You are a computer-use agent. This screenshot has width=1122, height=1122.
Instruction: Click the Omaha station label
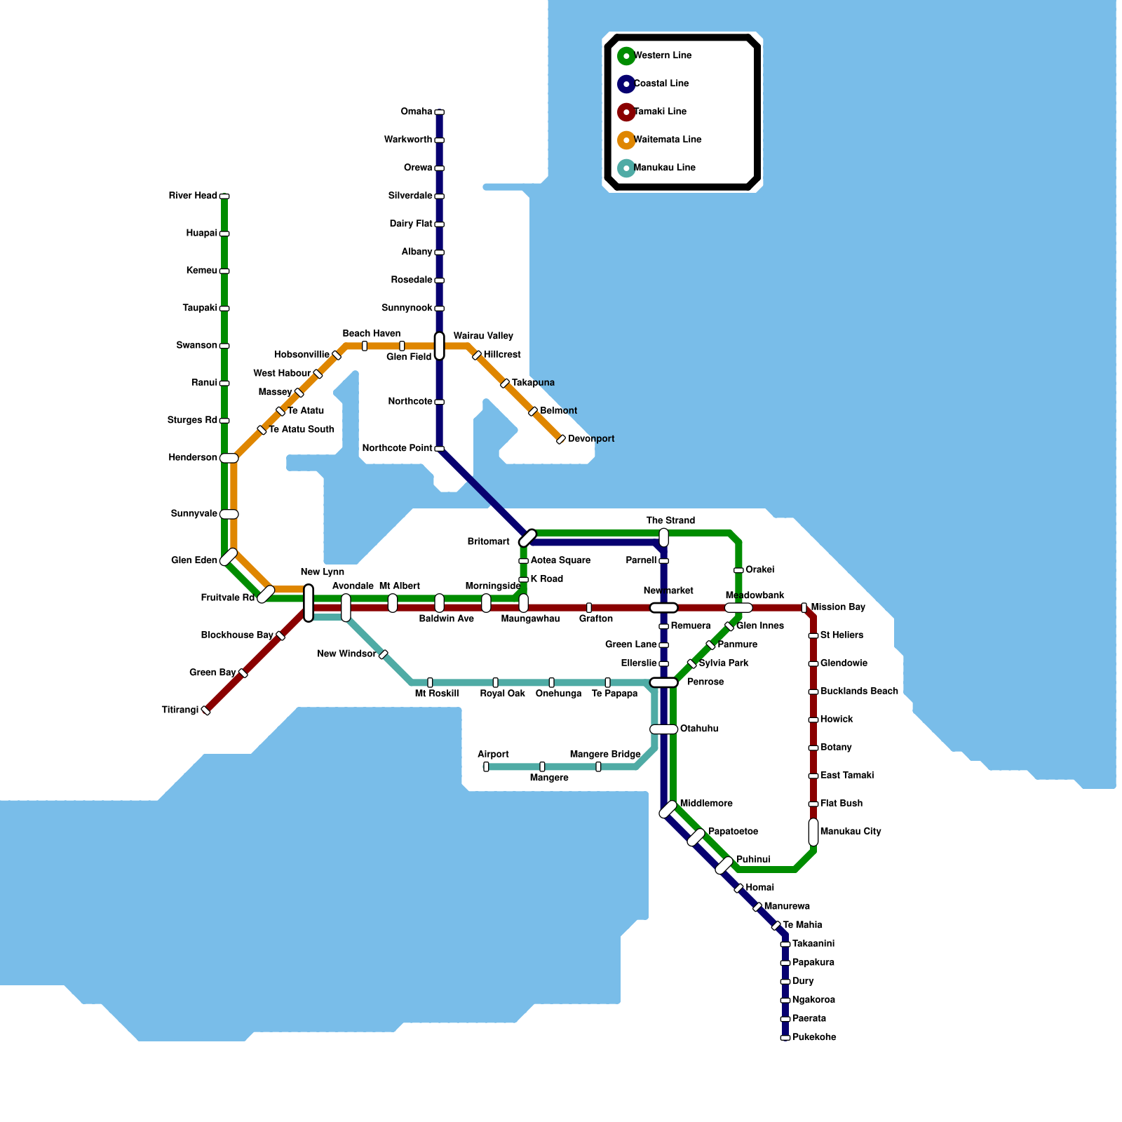click(x=417, y=112)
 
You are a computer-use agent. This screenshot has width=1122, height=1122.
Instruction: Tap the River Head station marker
click(x=224, y=196)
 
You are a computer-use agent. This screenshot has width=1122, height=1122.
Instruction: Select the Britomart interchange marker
click(x=527, y=538)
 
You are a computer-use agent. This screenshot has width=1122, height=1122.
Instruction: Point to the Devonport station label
click(x=591, y=439)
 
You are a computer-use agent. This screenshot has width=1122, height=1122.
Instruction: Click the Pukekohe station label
click(x=814, y=1037)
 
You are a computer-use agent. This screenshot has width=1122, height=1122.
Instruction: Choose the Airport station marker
click(x=486, y=766)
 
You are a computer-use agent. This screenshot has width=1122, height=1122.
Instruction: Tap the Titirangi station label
click(x=180, y=710)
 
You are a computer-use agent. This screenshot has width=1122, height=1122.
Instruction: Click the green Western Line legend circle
click(x=626, y=56)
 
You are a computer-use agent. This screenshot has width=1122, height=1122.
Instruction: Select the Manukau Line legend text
click(x=665, y=168)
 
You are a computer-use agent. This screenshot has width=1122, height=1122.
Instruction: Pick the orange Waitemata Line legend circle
click(x=626, y=140)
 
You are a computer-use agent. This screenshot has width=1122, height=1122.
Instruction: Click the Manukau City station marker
click(x=813, y=832)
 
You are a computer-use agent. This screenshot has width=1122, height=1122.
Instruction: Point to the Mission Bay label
click(x=838, y=607)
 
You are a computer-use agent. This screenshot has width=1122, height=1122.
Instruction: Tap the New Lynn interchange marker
click(x=309, y=603)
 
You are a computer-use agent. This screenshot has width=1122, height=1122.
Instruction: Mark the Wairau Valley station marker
click(x=440, y=346)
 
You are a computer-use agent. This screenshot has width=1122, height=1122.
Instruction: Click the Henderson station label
click(x=193, y=458)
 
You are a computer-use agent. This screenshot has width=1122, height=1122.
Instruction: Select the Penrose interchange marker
click(x=663, y=682)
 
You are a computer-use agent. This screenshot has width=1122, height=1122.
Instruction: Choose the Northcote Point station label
click(x=397, y=448)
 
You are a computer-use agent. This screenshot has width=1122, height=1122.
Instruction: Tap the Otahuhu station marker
click(x=663, y=729)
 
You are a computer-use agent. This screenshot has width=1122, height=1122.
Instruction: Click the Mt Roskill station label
click(x=436, y=694)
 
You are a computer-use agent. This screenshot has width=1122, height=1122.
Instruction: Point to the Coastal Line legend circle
click(x=626, y=84)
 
